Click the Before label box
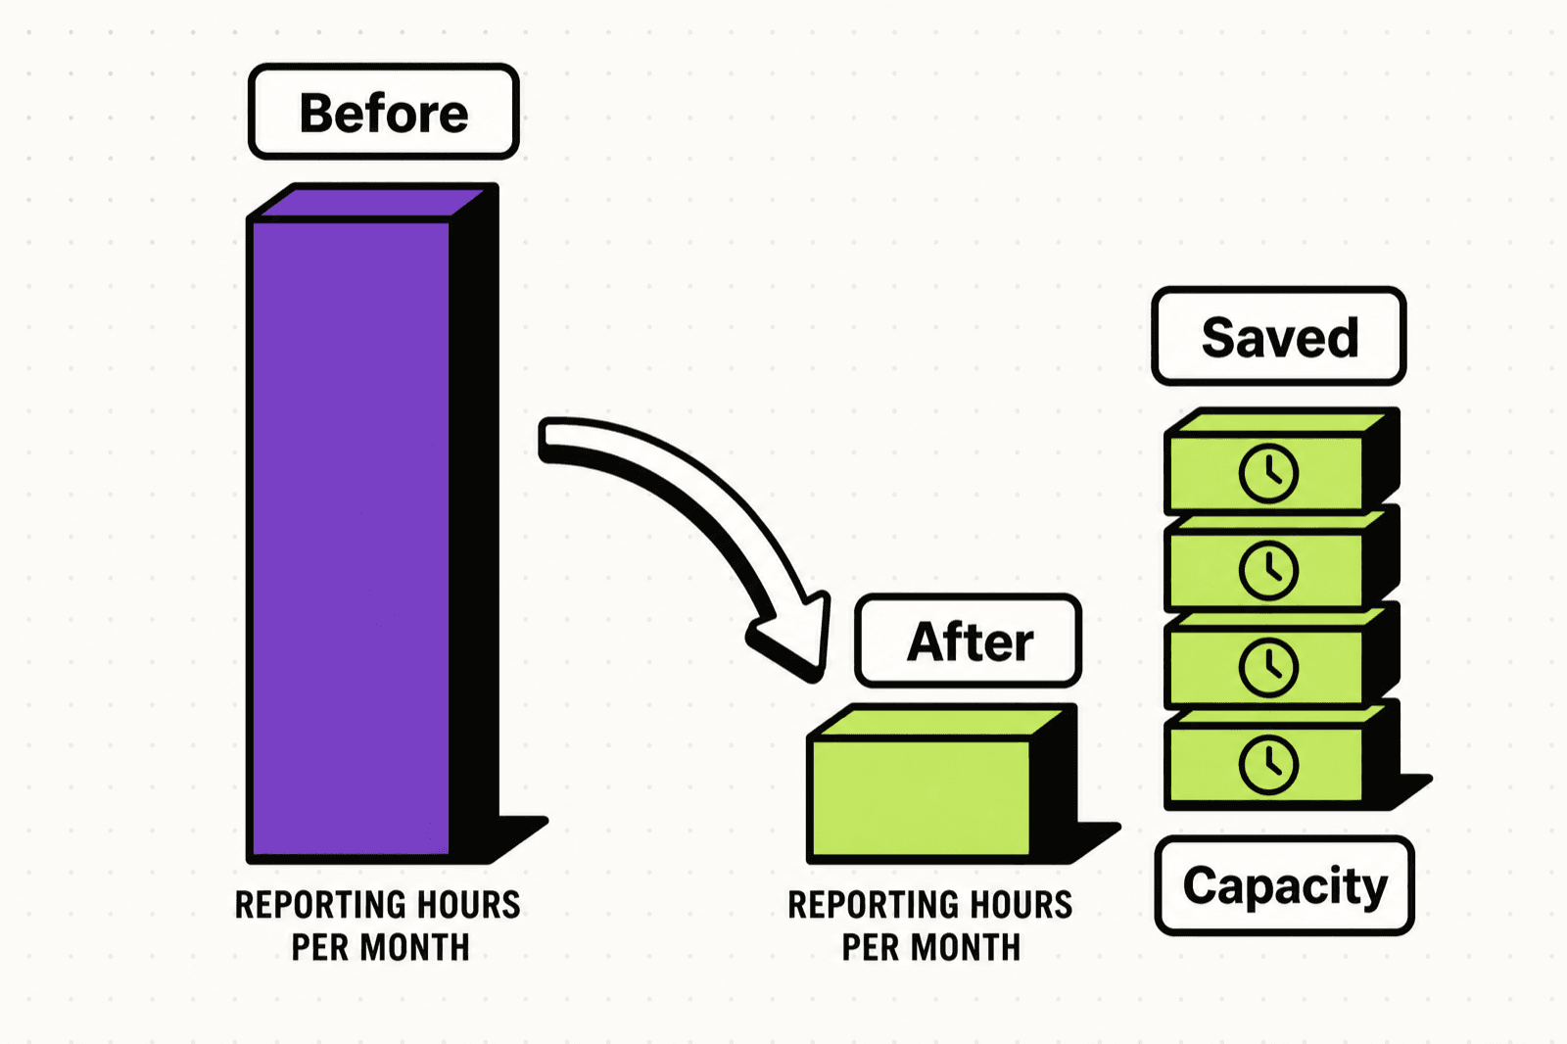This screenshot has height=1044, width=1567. point(383,112)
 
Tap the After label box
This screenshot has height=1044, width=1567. point(969,641)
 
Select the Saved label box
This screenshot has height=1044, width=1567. point(1279,336)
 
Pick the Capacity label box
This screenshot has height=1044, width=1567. point(1284,885)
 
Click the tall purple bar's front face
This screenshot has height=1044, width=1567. point(351,538)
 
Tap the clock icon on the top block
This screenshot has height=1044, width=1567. point(1268,474)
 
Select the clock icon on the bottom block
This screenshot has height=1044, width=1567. point(1268,765)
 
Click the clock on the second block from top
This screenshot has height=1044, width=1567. point(1268,570)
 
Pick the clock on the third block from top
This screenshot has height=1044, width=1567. point(1268,668)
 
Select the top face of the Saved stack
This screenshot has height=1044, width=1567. point(1280,423)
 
